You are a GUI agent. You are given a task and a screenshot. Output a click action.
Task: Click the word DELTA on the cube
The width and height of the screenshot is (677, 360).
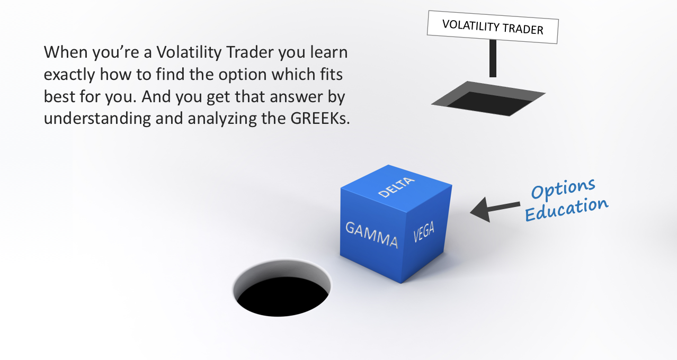(x=396, y=187)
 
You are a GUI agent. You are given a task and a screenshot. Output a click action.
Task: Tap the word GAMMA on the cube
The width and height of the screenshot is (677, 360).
(x=371, y=235)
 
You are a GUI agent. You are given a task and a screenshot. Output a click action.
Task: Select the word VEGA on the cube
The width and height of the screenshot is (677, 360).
(x=424, y=232)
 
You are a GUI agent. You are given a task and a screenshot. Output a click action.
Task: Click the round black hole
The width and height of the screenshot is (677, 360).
(x=281, y=288)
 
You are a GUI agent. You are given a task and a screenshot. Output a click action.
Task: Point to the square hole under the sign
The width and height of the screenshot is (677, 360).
(x=488, y=98)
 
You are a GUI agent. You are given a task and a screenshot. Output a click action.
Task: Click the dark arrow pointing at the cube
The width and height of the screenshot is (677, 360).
(x=495, y=209)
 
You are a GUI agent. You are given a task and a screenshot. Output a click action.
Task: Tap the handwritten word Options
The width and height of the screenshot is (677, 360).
(x=563, y=189)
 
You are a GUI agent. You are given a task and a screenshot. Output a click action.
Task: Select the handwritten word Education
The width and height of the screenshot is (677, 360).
(x=567, y=209)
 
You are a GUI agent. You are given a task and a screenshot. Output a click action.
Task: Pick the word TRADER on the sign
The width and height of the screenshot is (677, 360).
(x=523, y=29)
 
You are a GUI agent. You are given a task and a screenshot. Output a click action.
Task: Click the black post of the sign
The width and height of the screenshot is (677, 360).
(x=493, y=58)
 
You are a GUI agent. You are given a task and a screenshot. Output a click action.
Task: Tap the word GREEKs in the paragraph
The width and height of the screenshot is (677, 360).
(x=320, y=118)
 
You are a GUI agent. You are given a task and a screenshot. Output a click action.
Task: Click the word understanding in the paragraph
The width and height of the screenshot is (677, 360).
(x=97, y=119)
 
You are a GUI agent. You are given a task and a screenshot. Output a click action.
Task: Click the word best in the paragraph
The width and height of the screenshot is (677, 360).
(x=59, y=97)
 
